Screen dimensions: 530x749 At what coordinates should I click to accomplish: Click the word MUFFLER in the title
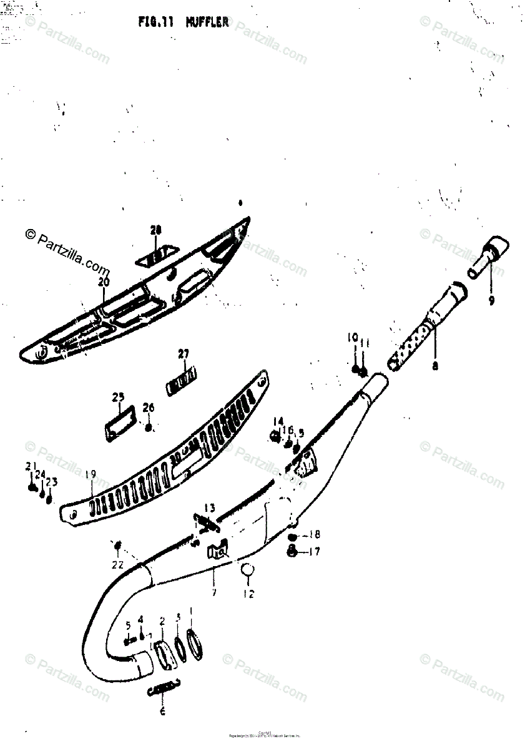[207, 23]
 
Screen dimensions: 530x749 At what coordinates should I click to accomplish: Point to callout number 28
[155, 230]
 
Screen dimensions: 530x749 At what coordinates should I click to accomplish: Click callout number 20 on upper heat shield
[103, 282]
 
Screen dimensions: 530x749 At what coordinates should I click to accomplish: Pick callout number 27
[183, 354]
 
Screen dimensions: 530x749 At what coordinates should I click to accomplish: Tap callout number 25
[118, 396]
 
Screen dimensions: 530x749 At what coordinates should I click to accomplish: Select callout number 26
[148, 408]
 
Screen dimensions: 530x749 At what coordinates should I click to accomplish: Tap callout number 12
[248, 594]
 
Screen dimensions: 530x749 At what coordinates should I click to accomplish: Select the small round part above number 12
[248, 569]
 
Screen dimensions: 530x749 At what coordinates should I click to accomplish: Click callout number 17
[314, 551]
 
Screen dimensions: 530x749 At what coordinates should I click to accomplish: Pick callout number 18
[314, 534]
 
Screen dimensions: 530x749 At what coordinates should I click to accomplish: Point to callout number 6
[163, 712]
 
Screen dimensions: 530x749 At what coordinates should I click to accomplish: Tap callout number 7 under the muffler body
[213, 592]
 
